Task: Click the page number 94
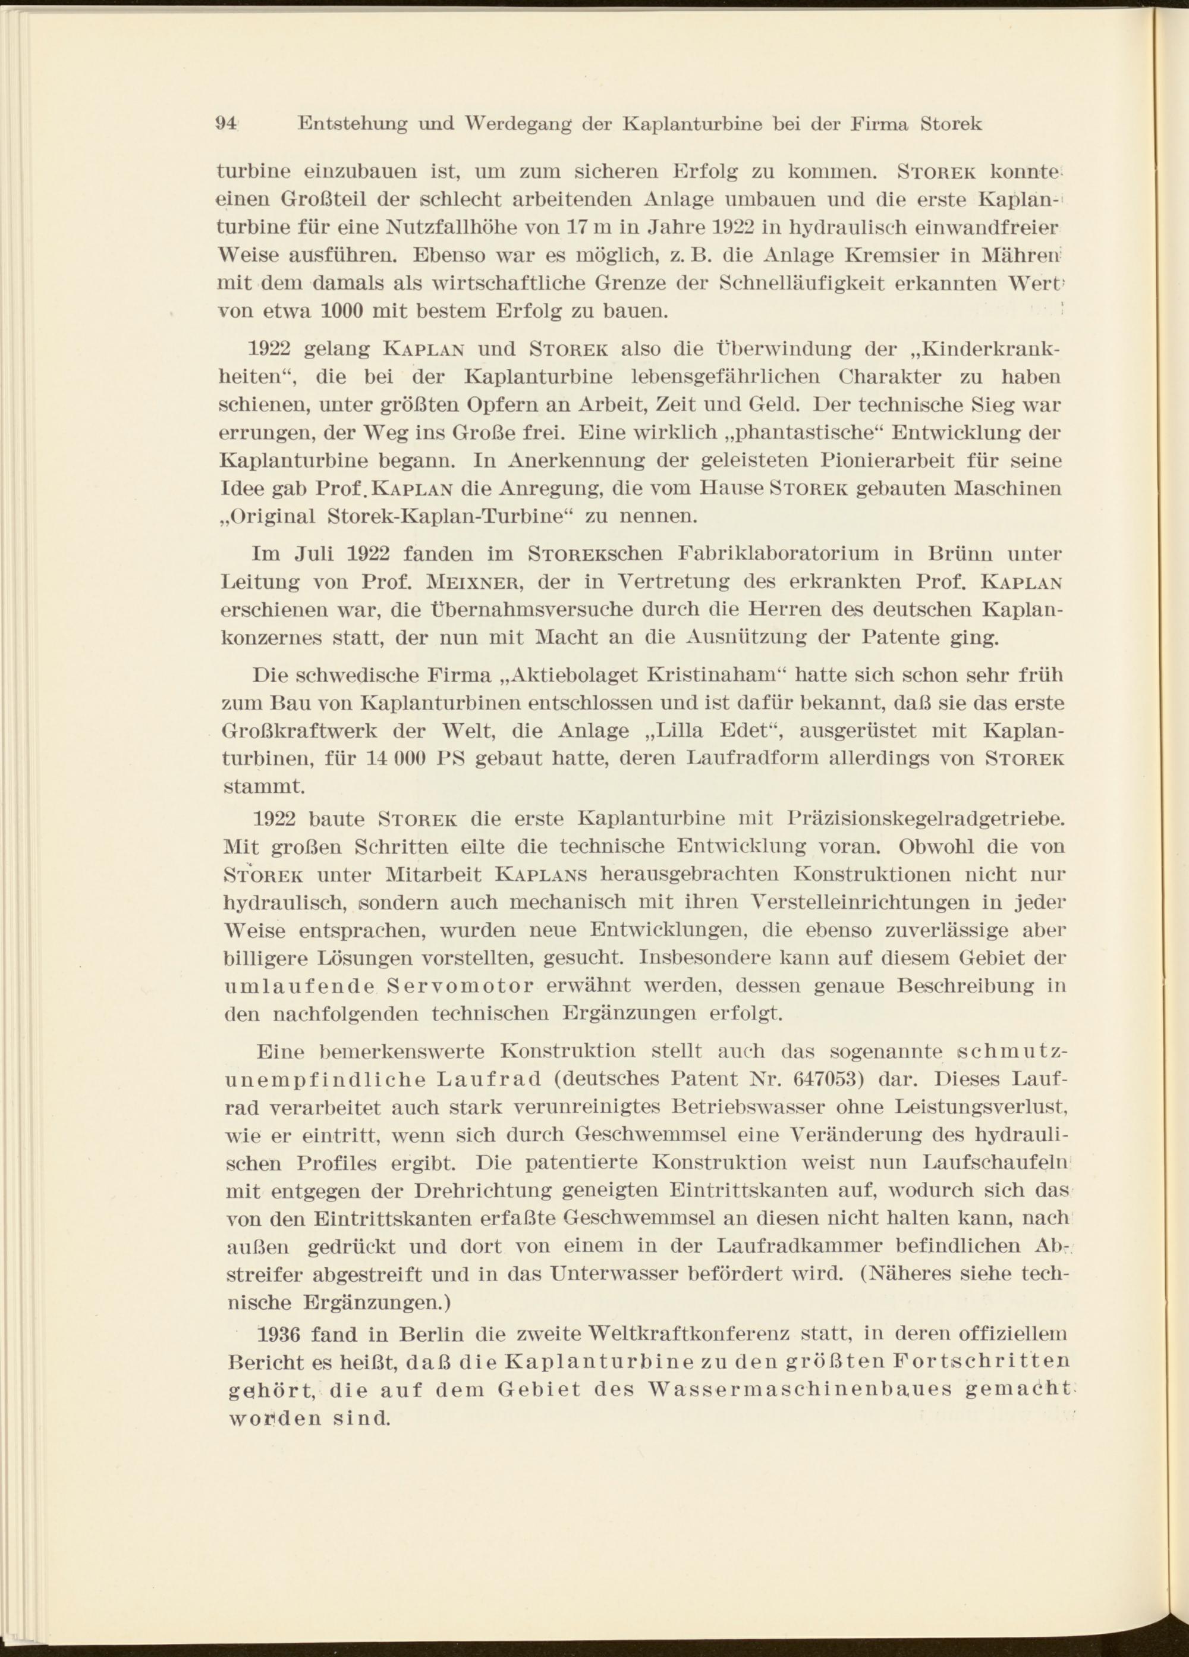[x=225, y=124]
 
